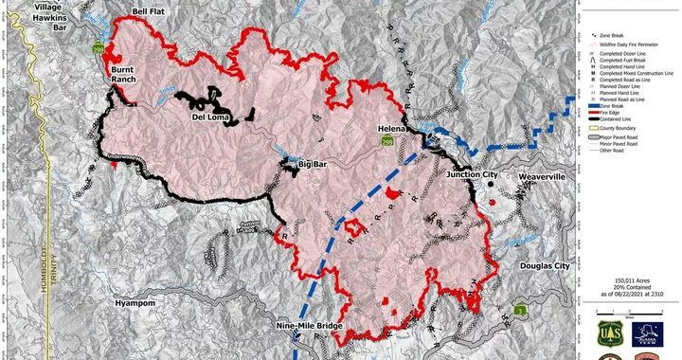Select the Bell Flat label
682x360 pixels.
[150, 10]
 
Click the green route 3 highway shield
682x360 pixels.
[522, 310]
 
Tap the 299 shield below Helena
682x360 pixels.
[386, 142]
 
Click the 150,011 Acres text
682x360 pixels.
[633, 280]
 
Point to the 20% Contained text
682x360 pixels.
[632, 288]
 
